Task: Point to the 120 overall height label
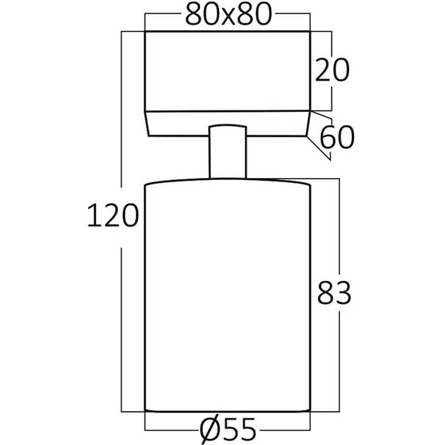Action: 111,217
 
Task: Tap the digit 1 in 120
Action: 92,217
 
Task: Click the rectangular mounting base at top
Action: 227,70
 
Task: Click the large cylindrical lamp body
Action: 227,292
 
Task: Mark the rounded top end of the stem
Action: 227,126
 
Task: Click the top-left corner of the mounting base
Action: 145,31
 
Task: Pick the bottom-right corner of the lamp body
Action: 309,410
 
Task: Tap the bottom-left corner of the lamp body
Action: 145,410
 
